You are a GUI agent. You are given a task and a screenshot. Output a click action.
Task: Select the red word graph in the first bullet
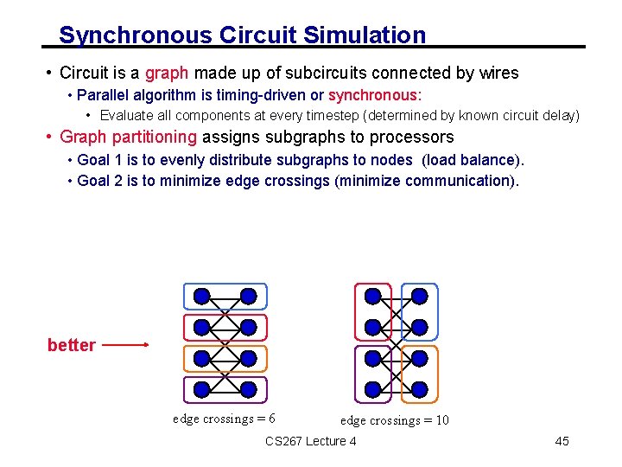pyautogui.click(x=167, y=74)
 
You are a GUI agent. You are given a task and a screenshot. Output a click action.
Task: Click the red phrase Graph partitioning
pyautogui.click(x=129, y=137)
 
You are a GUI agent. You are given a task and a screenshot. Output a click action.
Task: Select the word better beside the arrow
pyautogui.click(x=72, y=345)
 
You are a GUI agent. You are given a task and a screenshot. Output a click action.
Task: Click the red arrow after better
pyautogui.click(x=126, y=345)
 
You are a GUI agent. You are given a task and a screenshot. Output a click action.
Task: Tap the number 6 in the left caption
pyautogui.click(x=271, y=419)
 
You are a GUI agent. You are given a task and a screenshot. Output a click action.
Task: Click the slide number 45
pyautogui.click(x=562, y=441)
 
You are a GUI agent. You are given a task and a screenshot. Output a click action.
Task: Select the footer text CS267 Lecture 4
pyautogui.click(x=311, y=441)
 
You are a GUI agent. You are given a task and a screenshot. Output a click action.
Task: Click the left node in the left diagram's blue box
pyautogui.click(x=201, y=297)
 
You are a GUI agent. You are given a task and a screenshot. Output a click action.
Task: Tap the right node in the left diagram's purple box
pyautogui.click(x=248, y=390)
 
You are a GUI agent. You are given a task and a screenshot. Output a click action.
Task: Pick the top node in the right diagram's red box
pyautogui.click(x=372, y=297)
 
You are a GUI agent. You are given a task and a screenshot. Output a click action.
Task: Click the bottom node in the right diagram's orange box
pyautogui.click(x=419, y=390)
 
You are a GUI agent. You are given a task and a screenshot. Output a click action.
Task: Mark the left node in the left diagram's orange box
pyautogui.click(x=201, y=359)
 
